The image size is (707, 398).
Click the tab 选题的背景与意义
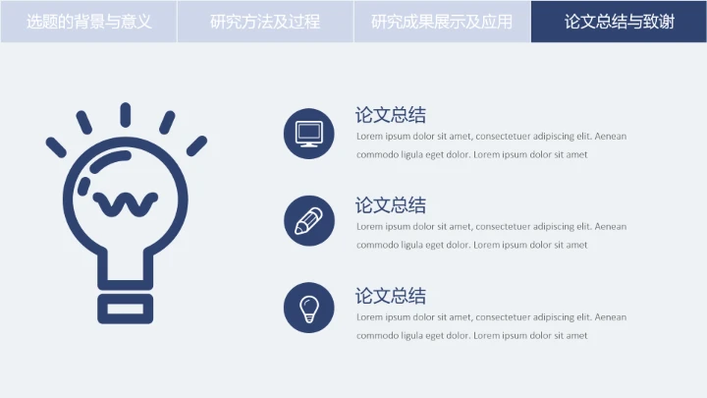coord(88,21)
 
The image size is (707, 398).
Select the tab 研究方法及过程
coord(265,21)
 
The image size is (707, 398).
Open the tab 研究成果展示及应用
coord(442,21)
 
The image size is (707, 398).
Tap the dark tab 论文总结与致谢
coord(619,21)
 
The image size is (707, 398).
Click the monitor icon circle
coord(309,134)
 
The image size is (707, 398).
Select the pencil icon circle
coord(309,220)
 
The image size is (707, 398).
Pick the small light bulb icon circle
coord(309,308)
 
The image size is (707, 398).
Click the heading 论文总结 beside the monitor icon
coord(390,115)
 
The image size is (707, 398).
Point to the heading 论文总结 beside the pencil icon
coord(390,205)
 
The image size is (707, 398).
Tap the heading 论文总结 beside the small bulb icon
coord(390,296)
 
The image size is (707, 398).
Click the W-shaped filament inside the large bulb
coord(125,203)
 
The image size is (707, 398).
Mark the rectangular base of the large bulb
coord(126,307)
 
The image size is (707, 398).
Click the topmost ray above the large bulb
coord(126,114)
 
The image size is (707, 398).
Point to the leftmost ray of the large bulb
coord(57,147)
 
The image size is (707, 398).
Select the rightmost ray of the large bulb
coord(196,145)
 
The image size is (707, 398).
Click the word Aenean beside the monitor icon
coord(610,137)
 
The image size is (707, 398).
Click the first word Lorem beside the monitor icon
coord(369,137)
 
